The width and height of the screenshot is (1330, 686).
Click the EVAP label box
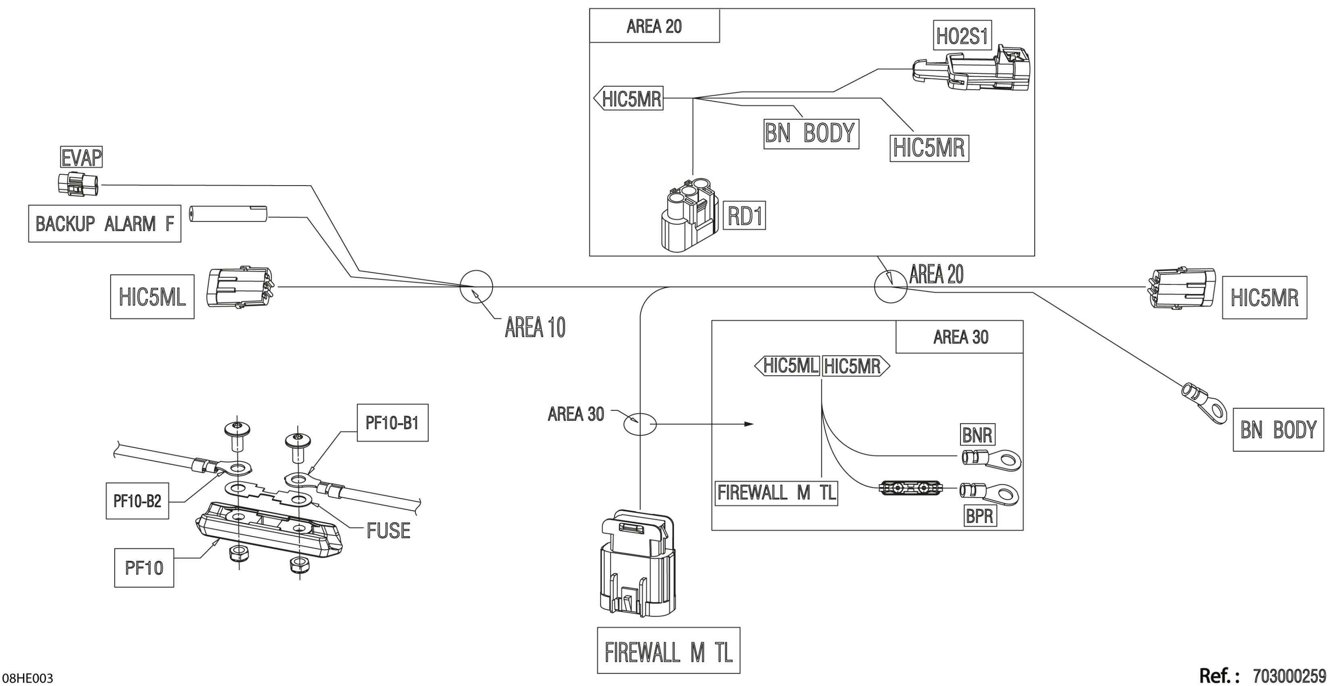[x=81, y=157]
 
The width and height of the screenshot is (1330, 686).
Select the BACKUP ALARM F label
[x=104, y=224]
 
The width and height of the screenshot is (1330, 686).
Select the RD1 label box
[x=744, y=216]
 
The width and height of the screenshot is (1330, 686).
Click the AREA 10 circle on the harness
[x=476, y=287]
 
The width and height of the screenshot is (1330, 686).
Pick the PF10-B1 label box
[x=393, y=423]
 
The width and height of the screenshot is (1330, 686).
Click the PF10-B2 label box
[x=137, y=500]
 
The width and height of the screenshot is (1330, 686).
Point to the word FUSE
[x=388, y=531]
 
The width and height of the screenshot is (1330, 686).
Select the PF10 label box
[x=144, y=568]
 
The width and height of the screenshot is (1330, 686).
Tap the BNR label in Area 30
[x=977, y=435]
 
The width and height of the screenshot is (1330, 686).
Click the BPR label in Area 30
[x=979, y=516]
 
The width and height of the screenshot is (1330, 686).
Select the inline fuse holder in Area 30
[x=910, y=488]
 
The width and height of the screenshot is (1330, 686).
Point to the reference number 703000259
[x=1289, y=676]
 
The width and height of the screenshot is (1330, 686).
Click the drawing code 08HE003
[x=28, y=678]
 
